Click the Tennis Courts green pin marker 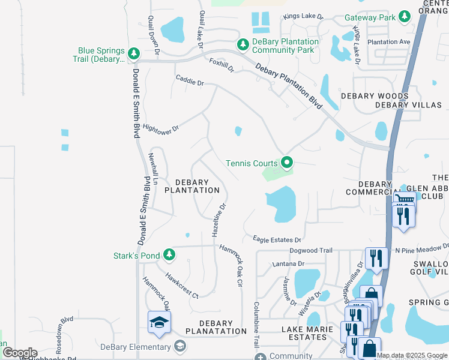(287, 163)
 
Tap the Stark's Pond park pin (169, 256)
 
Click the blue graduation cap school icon (160, 323)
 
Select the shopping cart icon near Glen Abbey (405, 200)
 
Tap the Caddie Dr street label (190, 80)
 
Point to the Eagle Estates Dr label (276, 239)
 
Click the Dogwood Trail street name (310, 251)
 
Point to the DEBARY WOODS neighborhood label (375, 96)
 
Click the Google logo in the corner (19, 352)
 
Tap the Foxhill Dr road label (220, 65)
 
